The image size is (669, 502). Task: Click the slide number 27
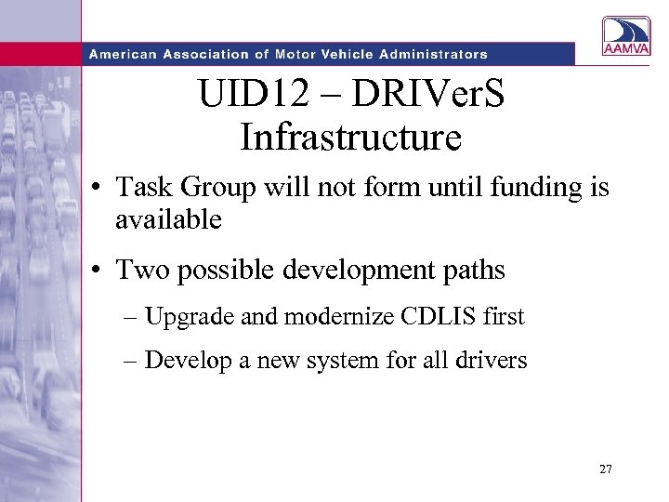[606, 470]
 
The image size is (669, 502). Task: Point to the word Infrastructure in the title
[350, 138]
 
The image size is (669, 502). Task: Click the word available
[168, 220]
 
